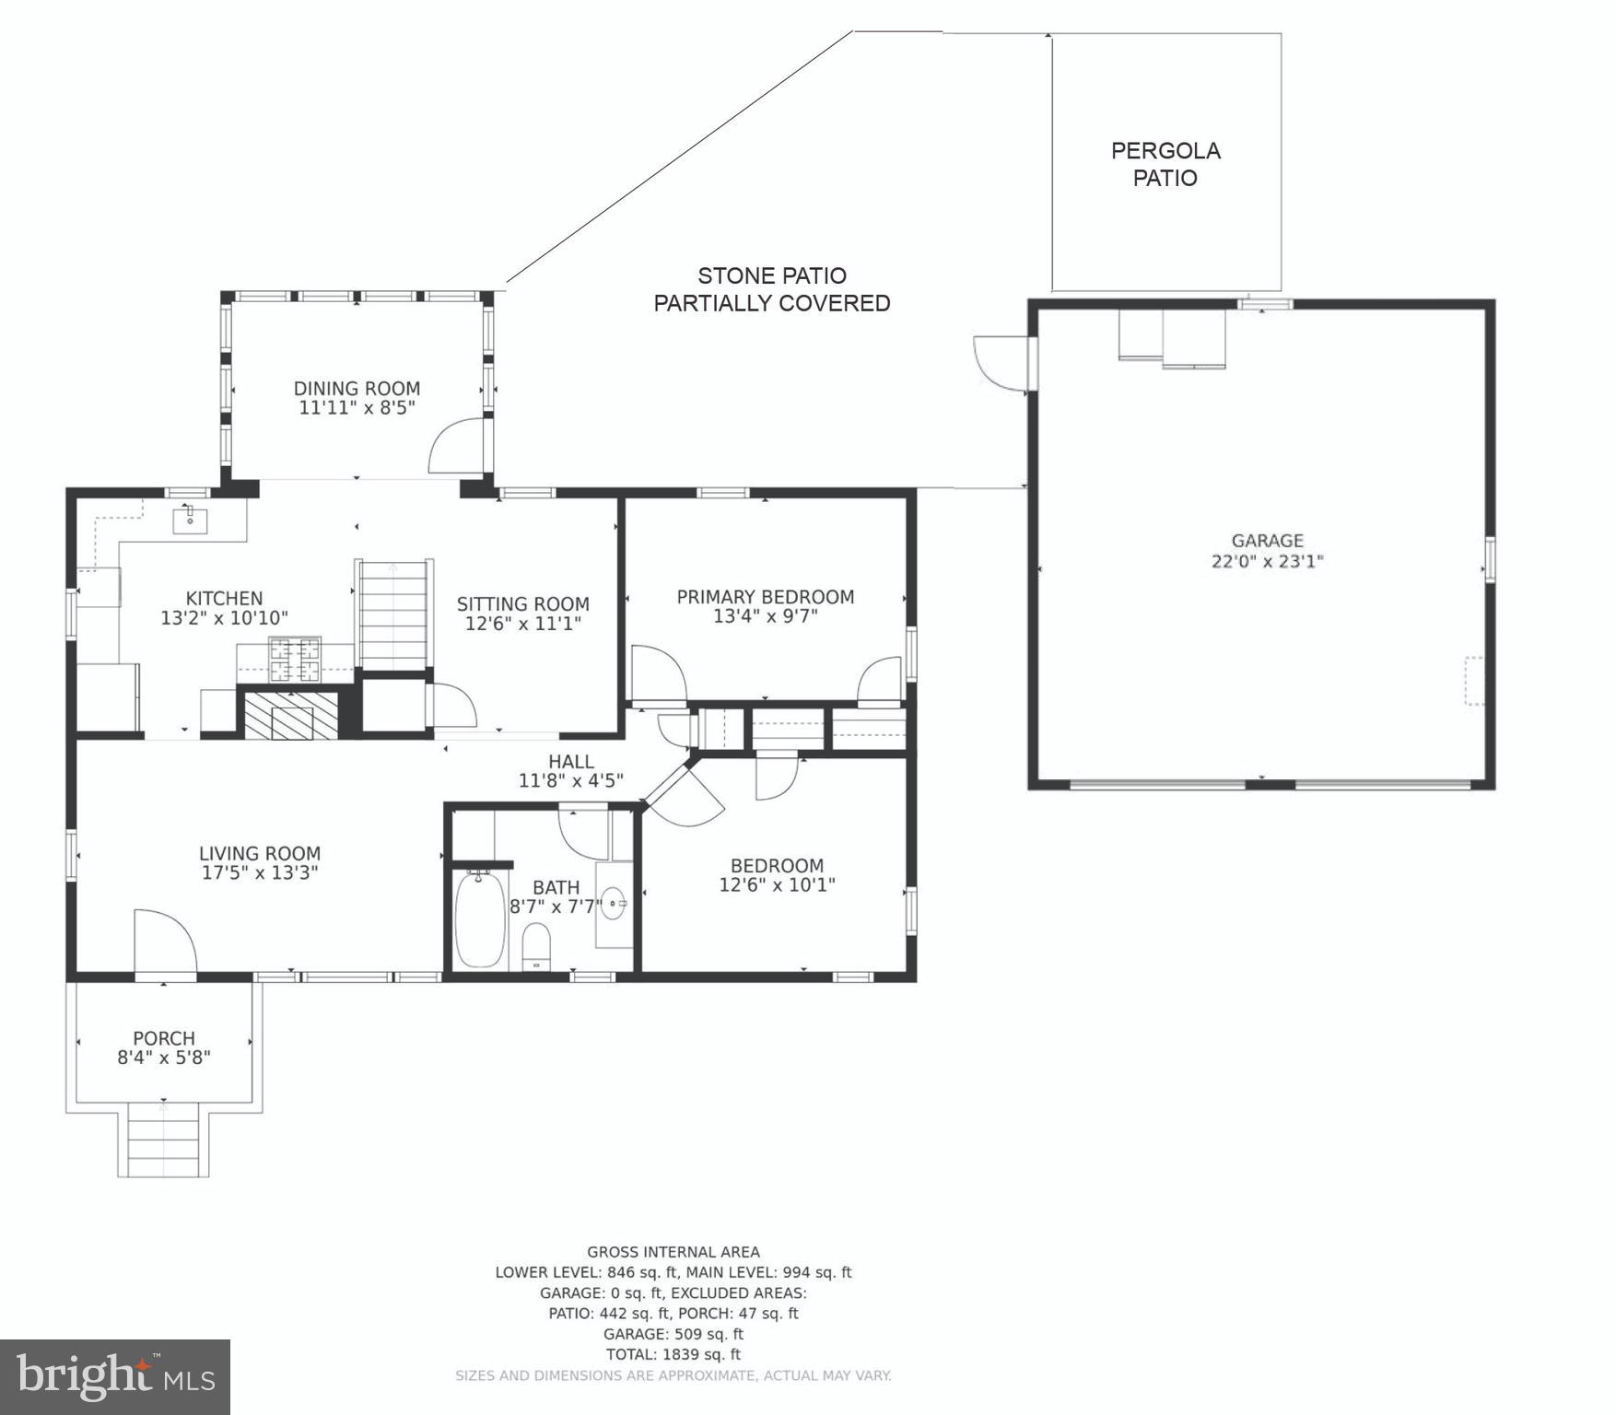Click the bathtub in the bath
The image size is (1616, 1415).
tap(480, 918)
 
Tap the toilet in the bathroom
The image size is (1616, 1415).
tap(536, 946)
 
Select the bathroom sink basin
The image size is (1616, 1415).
tap(614, 906)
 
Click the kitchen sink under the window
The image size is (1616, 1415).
tap(190, 520)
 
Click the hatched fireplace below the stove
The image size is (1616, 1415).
tap(291, 715)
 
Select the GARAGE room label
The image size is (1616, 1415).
tap(1267, 541)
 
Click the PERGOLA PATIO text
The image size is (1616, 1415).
tap(1165, 164)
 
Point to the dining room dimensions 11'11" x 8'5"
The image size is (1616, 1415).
tap(357, 408)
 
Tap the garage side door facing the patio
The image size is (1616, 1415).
tap(1001, 361)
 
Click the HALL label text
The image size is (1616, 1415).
tap(570, 762)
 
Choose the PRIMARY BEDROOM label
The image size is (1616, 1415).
tap(765, 597)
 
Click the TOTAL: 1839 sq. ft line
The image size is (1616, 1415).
tap(673, 1354)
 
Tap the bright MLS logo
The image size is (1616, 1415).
tap(115, 1376)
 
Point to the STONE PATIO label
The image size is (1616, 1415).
tap(771, 275)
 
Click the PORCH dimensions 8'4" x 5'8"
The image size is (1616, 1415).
tap(164, 1058)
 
